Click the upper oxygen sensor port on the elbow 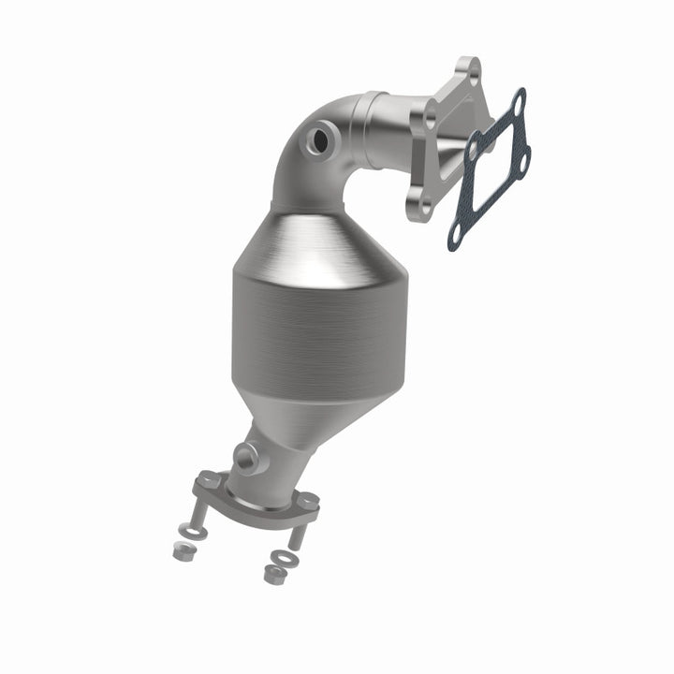(321, 140)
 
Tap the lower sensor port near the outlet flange (247, 457)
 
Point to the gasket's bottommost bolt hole (456, 240)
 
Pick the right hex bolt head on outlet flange (306, 502)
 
